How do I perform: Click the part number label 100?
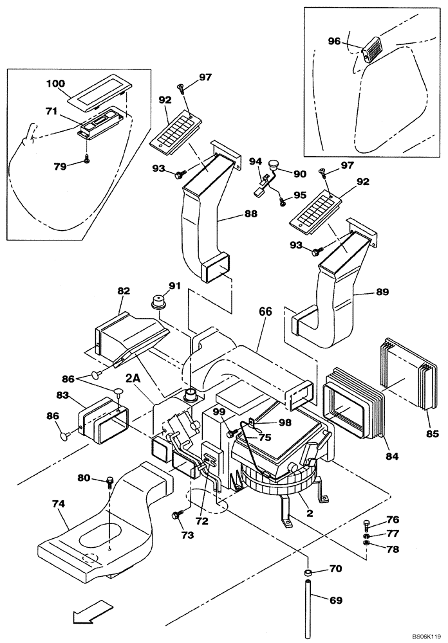point(56,84)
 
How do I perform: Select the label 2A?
point(133,381)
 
